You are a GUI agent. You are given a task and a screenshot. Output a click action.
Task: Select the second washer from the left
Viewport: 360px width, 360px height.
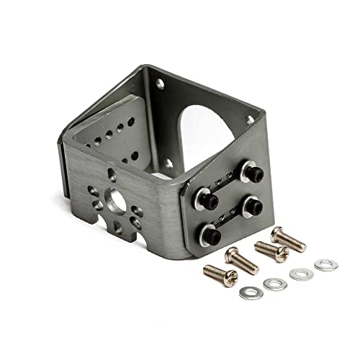pos(272,284)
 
